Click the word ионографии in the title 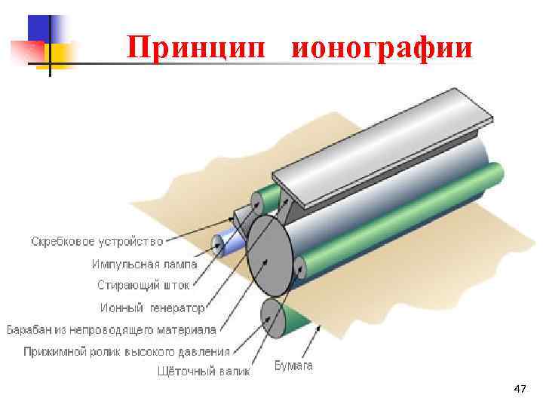pos(382,47)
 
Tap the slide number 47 pos(519,389)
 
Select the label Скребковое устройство pos(97,242)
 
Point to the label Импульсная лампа pos(144,264)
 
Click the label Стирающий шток pos(144,285)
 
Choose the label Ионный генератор pos(152,308)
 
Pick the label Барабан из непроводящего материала pos(111,330)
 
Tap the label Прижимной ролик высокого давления pos(127,351)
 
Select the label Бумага pos(293,366)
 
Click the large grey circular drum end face pos(269,257)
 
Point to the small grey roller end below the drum pos(271,319)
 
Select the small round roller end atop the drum pos(258,201)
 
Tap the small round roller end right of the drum pos(300,266)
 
